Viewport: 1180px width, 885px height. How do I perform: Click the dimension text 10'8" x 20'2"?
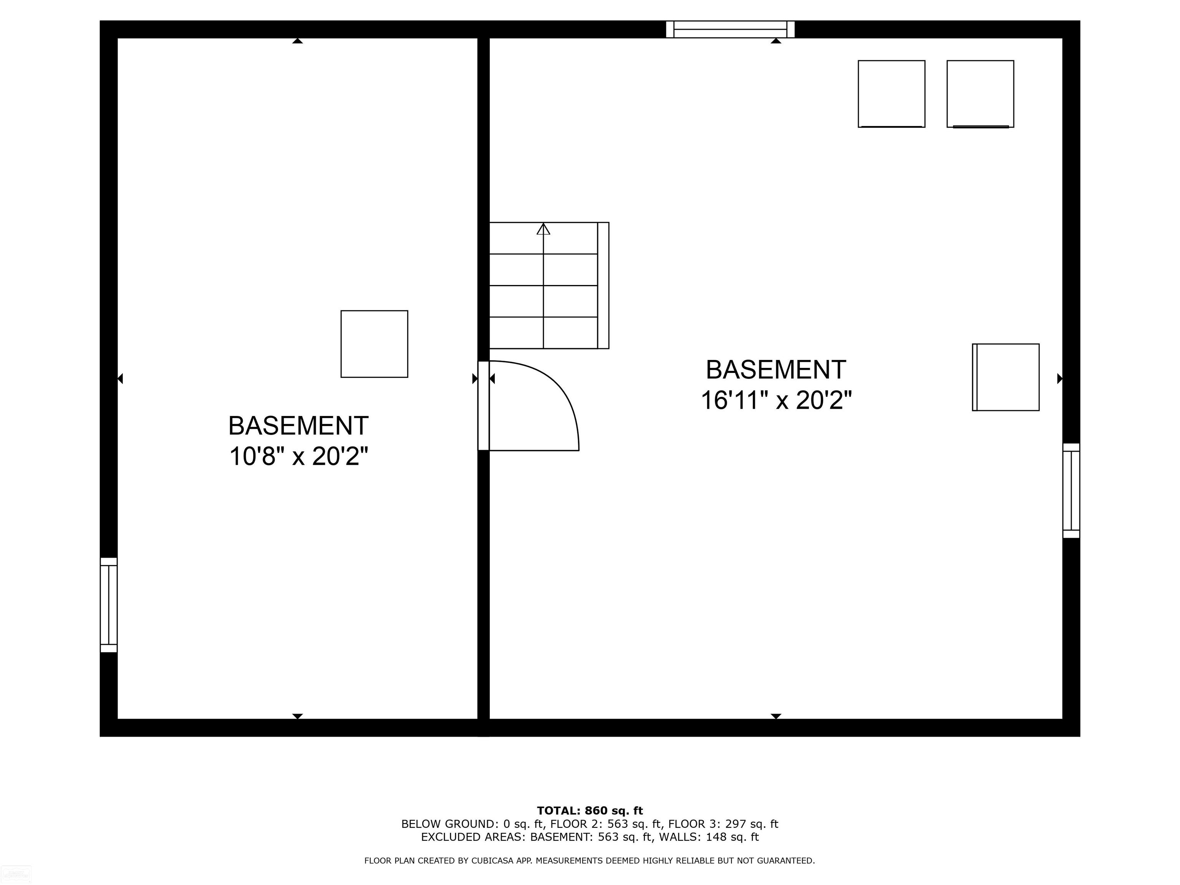(x=299, y=457)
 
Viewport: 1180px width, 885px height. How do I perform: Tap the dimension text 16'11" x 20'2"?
(x=776, y=401)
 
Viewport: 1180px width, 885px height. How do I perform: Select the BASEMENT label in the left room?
(x=299, y=426)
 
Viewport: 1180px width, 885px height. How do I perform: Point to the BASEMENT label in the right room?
(x=776, y=370)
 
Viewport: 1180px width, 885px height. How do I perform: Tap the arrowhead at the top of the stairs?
(x=543, y=229)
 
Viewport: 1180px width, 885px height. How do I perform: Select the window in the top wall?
(x=730, y=29)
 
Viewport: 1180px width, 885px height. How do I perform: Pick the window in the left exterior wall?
(x=109, y=605)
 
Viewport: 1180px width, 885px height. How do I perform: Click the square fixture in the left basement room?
(x=375, y=344)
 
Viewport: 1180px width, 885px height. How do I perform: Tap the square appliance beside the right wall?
(x=1006, y=377)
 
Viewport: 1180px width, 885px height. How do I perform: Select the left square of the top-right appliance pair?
(x=892, y=94)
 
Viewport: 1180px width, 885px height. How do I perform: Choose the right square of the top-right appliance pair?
(x=981, y=94)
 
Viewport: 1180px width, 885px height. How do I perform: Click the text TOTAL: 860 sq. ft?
(x=590, y=811)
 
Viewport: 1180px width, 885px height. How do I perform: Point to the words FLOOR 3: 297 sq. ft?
(x=723, y=824)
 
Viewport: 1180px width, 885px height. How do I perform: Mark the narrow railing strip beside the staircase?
(x=603, y=285)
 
